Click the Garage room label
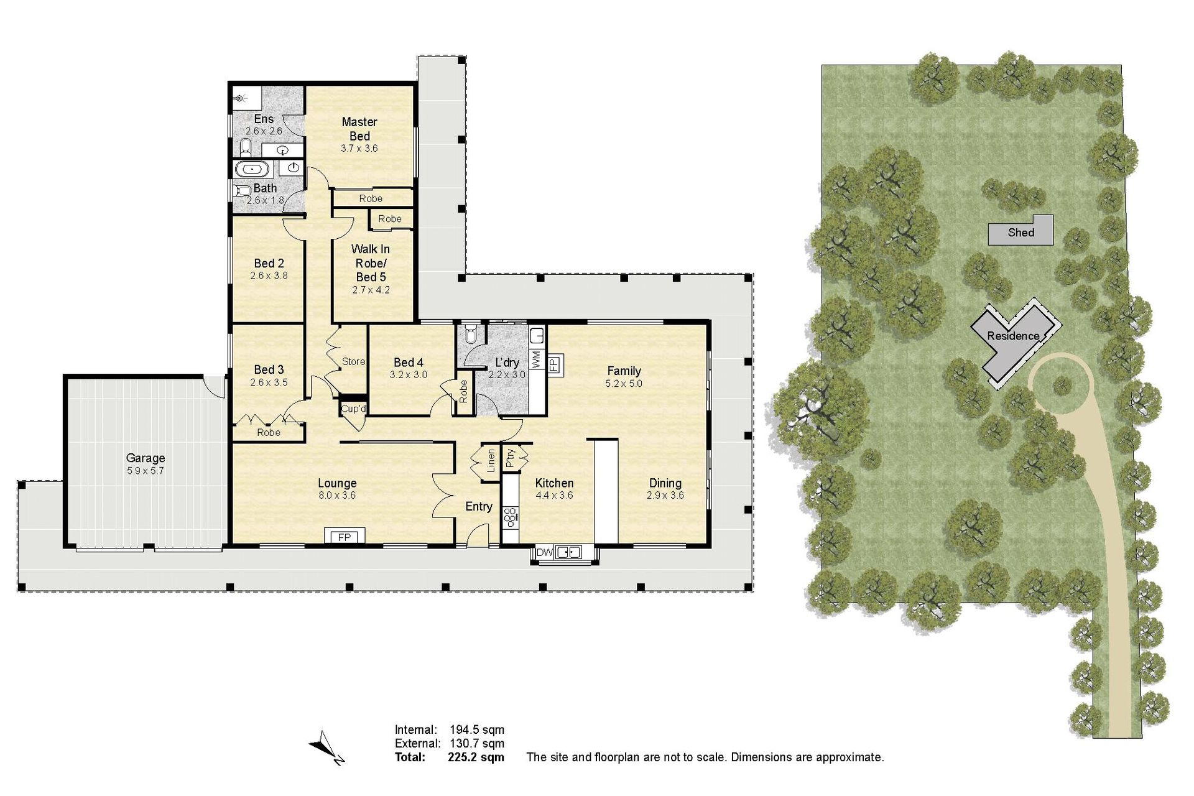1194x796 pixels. [146, 458]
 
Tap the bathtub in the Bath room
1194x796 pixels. [252, 169]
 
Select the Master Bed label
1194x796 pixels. [359, 129]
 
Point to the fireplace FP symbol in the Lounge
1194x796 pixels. [345, 536]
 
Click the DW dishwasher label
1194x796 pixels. [544, 552]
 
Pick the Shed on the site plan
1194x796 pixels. [1021, 230]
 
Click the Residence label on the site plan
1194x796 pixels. [1013, 336]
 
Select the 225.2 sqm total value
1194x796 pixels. [476, 757]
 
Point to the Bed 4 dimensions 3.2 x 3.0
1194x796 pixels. [409, 374]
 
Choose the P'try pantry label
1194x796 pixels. [511, 458]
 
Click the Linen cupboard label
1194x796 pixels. [491, 461]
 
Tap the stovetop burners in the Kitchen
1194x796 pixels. [511, 517]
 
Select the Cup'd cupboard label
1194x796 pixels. [353, 409]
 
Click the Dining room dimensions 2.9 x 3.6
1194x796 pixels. [665, 495]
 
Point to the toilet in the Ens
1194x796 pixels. [246, 148]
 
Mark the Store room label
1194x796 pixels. [353, 361]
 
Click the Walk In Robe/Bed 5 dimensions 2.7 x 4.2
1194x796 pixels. [371, 289]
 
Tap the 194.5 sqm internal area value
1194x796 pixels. [477, 729]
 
